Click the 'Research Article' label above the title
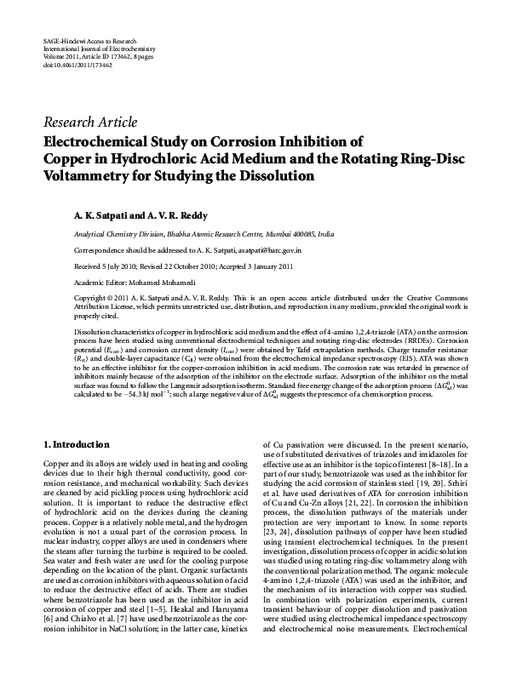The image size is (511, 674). (89, 123)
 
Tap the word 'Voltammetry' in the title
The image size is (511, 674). (88, 176)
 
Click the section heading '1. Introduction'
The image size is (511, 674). (77, 444)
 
